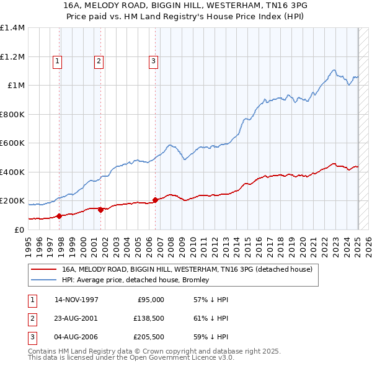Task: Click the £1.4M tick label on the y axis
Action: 12,28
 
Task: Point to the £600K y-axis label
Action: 12,143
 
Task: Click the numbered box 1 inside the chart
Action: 57,61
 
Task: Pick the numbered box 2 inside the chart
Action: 99,61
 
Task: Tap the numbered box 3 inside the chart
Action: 153,61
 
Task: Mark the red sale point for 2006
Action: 155,200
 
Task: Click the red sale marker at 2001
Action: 100,210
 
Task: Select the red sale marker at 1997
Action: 60,216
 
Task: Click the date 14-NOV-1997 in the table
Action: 76,300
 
